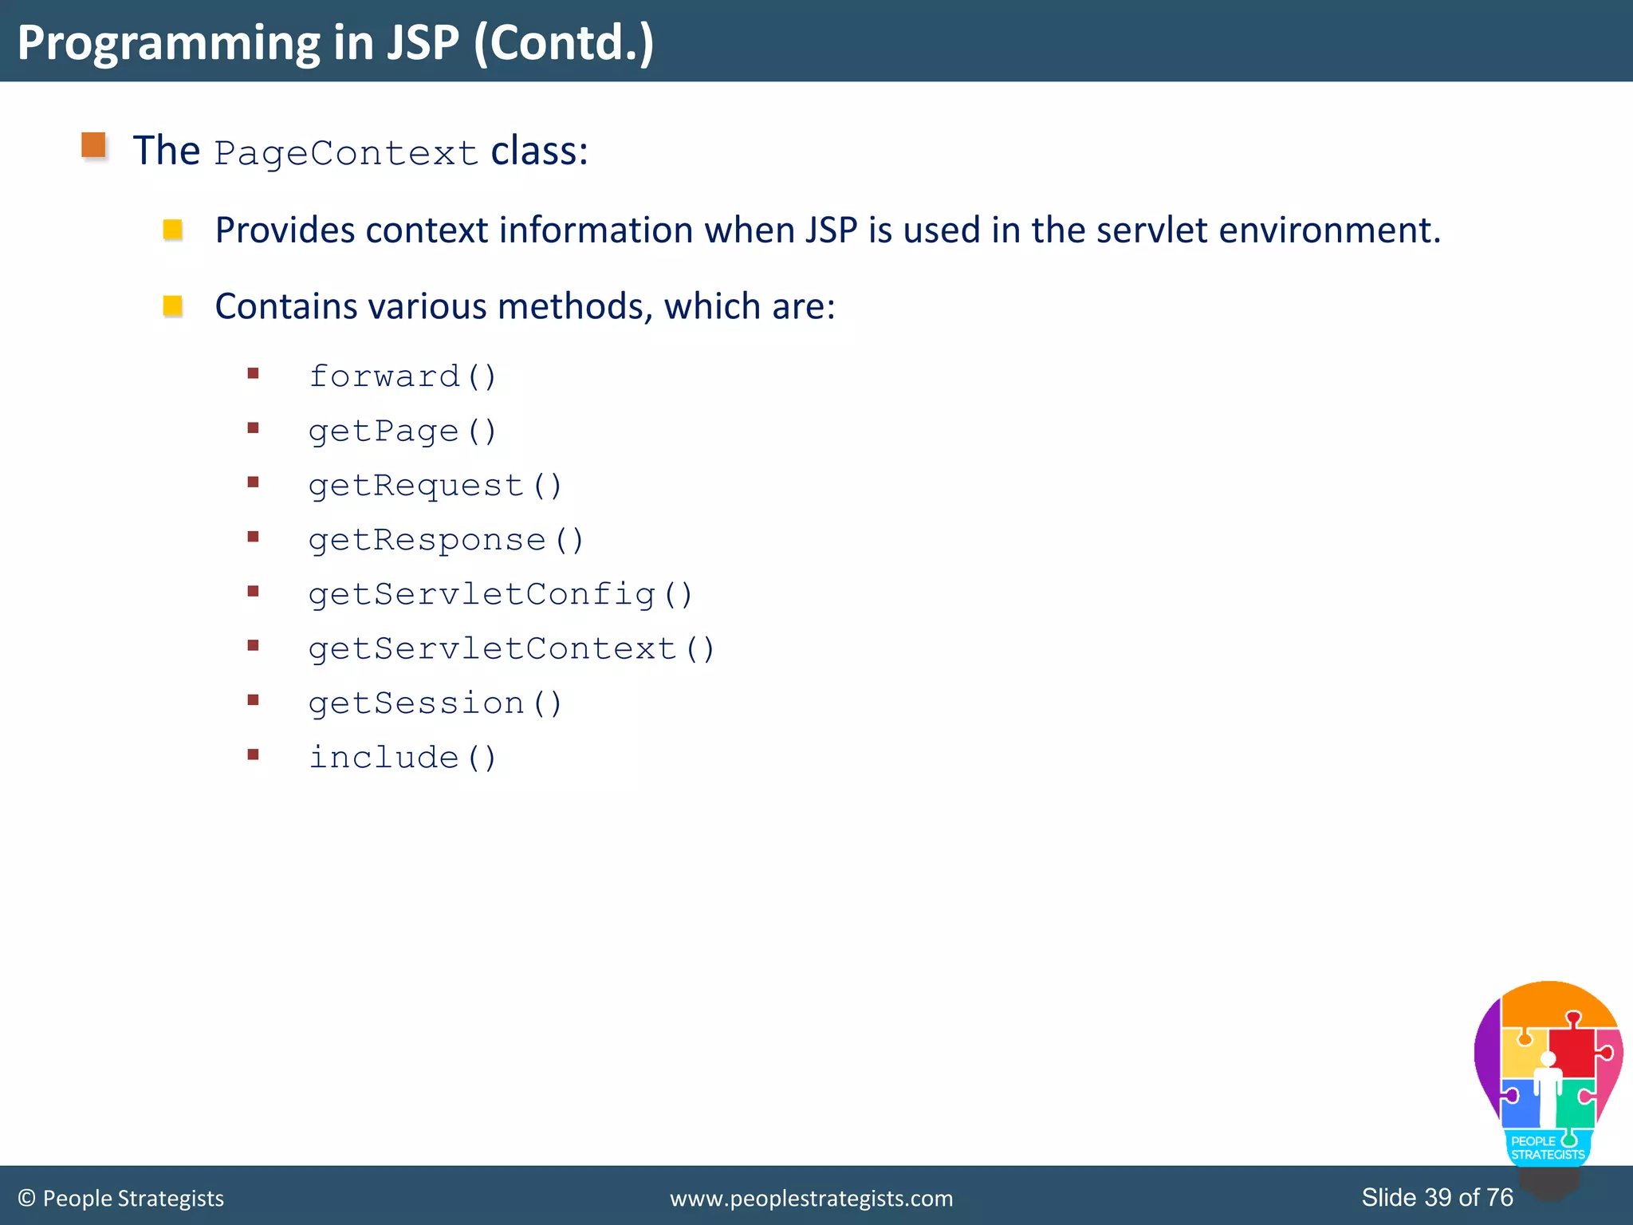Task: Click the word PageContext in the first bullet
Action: pos(345,153)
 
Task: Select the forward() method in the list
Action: pos(402,376)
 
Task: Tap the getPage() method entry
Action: pos(402,431)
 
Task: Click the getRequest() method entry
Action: pos(435,486)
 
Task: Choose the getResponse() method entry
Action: pos(446,540)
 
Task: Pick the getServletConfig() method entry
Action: pos(500,594)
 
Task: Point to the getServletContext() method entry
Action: pos(511,649)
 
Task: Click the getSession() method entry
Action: pos(435,703)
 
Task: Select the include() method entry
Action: pos(402,758)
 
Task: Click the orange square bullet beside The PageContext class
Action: pos(94,145)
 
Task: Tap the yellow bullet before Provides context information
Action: pos(173,230)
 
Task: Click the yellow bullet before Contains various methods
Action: pos(173,306)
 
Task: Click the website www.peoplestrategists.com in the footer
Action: pos(811,1199)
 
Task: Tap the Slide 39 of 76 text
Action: pos(1437,1197)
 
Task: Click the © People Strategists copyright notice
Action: pos(121,1199)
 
